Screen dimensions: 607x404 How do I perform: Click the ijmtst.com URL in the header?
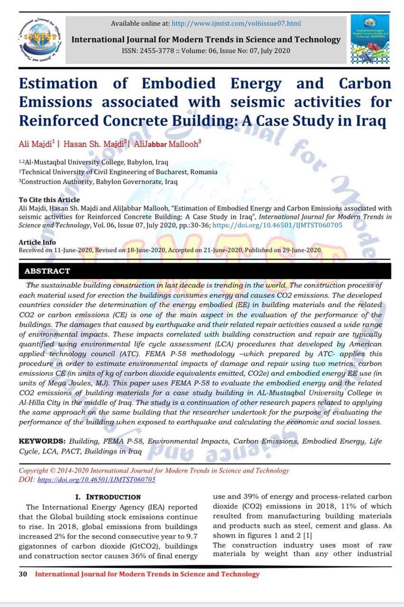pyautogui.click(x=236, y=23)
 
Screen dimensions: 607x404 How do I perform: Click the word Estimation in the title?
pyautogui.click(x=58, y=84)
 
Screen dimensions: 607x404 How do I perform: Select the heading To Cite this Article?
pyautogui.click(x=49, y=200)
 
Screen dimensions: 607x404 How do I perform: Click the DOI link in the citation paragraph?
pyautogui.click(x=277, y=225)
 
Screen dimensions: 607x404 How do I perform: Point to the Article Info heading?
pyautogui.click(x=37, y=243)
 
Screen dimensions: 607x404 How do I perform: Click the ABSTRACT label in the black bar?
pyautogui.click(x=47, y=271)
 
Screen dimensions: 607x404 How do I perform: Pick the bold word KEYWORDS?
pyautogui.click(x=42, y=441)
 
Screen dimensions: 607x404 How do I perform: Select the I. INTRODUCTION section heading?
pyautogui.click(x=108, y=497)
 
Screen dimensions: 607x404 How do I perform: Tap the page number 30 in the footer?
pyautogui.click(x=23, y=574)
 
